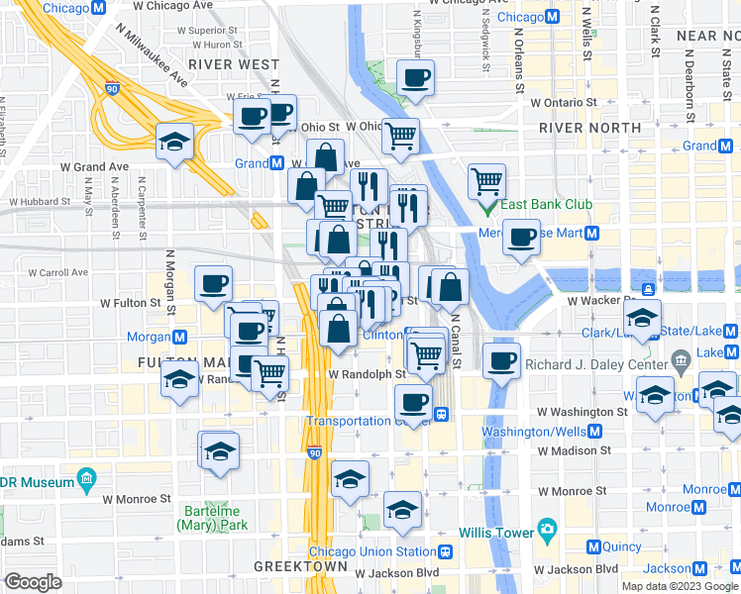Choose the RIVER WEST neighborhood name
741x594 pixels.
[x=233, y=64]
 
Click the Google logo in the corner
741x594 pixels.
[x=33, y=582]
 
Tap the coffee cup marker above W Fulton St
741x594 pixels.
[x=213, y=285]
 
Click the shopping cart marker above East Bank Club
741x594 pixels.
[x=486, y=180]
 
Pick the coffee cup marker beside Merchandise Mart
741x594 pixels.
[x=521, y=238]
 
